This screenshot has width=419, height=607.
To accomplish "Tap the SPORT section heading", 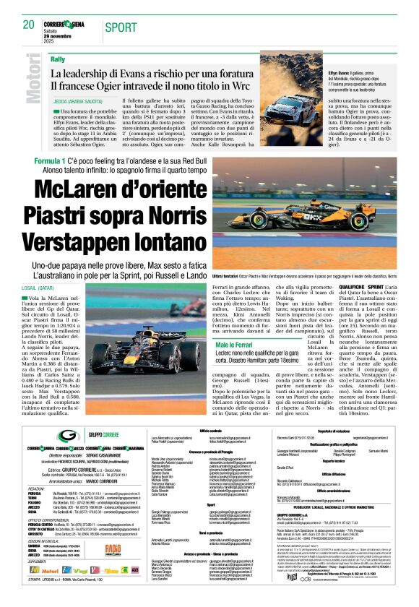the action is coord(121,27).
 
